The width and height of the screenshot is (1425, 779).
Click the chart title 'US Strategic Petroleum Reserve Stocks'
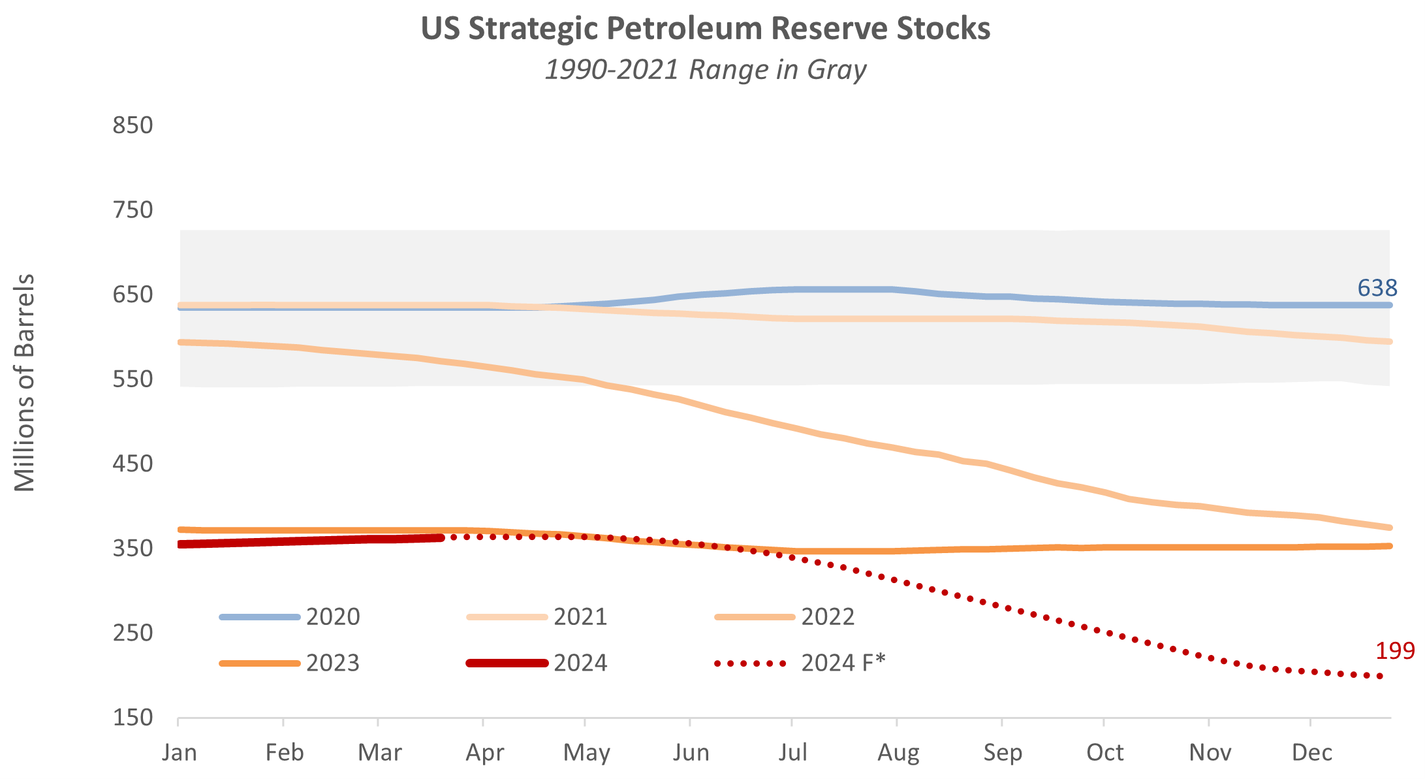(x=705, y=29)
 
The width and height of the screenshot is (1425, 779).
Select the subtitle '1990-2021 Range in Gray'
(x=705, y=70)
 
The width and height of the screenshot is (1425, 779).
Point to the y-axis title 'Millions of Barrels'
(x=25, y=383)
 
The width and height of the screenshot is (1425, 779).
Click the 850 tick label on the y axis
(x=133, y=125)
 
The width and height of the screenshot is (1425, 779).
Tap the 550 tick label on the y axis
(x=133, y=379)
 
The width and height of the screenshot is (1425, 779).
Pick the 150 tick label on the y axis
(x=133, y=718)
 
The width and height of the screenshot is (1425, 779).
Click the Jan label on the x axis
(x=180, y=752)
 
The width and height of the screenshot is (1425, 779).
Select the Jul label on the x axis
(x=792, y=752)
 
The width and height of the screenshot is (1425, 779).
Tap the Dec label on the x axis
(x=1311, y=752)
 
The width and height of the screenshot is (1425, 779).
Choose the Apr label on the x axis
(x=484, y=752)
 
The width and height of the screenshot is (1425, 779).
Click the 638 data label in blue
(x=1377, y=288)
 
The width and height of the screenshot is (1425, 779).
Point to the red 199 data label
(x=1395, y=650)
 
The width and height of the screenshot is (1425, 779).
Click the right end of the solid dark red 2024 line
(x=441, y=538)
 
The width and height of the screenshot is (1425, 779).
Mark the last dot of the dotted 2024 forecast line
(x=1380, y=676)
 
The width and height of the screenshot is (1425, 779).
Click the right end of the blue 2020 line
(x=1389, y=305)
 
